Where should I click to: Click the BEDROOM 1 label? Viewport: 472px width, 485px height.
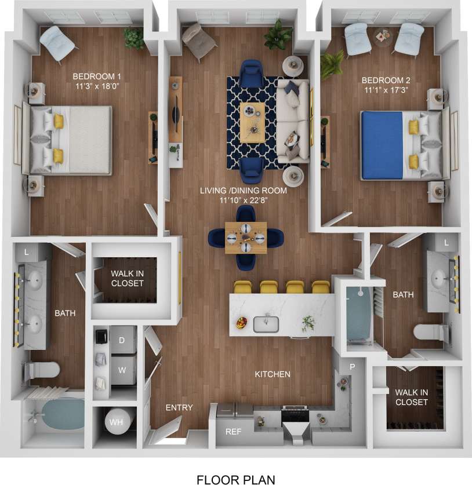coord(97,76)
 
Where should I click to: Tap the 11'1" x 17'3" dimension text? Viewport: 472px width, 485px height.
coord(386,90)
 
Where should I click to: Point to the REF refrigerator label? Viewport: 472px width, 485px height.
coord(233,432)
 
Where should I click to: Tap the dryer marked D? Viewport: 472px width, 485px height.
coord(122,341)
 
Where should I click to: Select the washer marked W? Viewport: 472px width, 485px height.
coord(122,369)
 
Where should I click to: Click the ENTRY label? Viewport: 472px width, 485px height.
coord(179,408)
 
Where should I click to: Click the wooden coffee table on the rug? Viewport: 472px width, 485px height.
coord(252,122)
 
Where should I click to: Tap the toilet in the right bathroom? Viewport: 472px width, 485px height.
coord(430,333)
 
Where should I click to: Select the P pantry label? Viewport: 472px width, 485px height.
coord(351,367)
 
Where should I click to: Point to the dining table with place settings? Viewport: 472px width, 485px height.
coord(246,238)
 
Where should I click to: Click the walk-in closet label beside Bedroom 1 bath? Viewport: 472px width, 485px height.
coord(127,278)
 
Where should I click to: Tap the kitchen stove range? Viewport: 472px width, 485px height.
coord(296,415)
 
